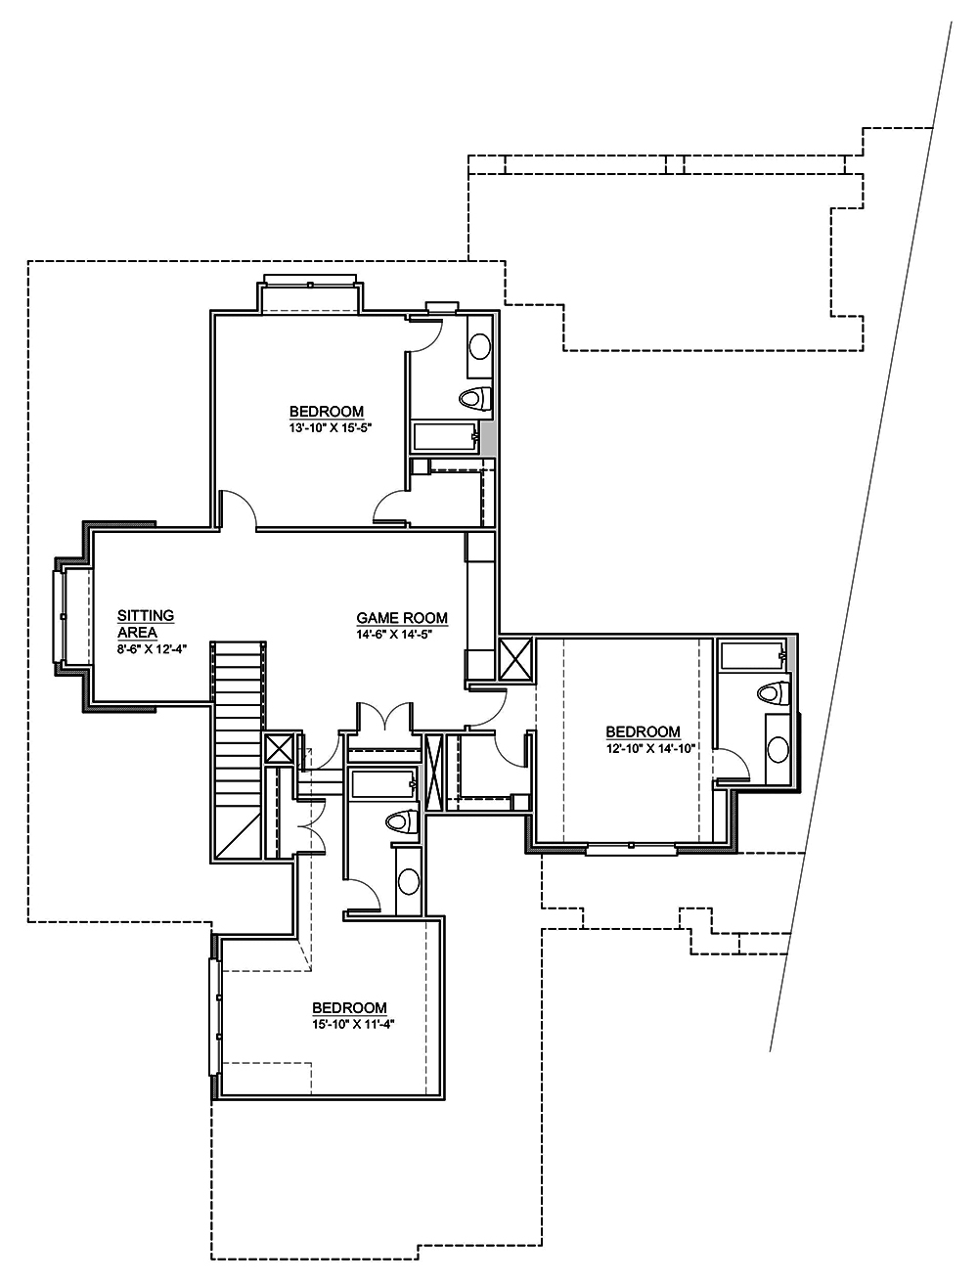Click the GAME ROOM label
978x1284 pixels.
coord(402,618)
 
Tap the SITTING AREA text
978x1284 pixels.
coord(146,623)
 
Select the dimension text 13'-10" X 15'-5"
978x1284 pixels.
coord(326,427)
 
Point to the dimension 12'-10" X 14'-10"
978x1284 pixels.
coord(643,748)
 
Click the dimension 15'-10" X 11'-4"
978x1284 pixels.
coord(349,1024)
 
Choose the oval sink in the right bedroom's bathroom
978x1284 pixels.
coord(778,749)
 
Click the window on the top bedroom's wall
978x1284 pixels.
coord(310,285)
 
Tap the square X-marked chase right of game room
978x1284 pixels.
coord(515,658)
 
